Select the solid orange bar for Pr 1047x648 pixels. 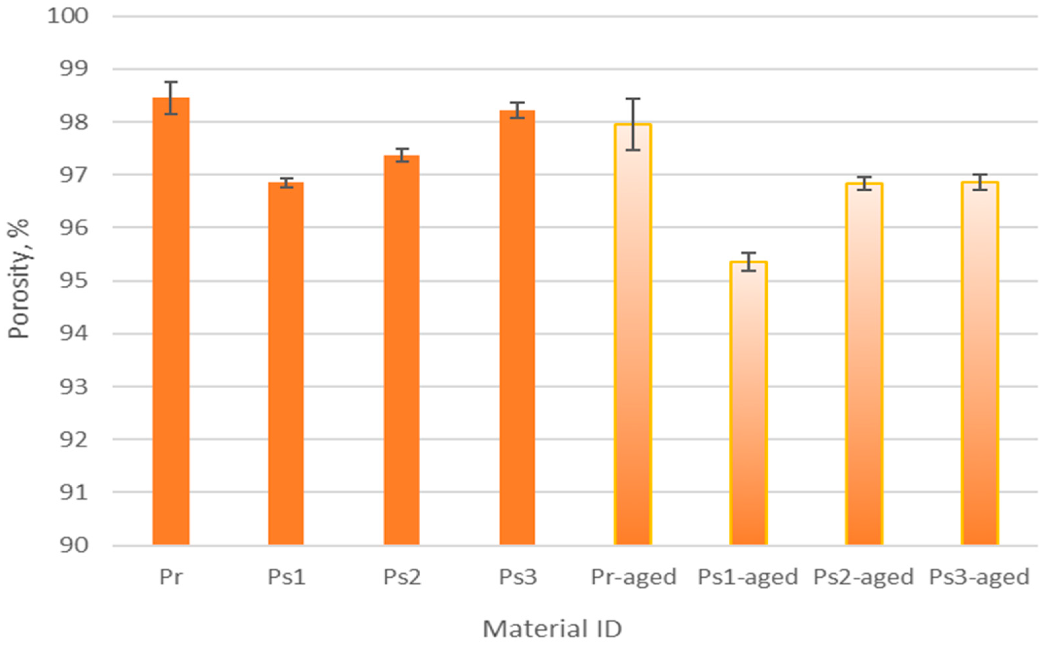point(171,321)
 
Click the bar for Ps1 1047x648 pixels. point(286,364)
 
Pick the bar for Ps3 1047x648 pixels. point(517,328)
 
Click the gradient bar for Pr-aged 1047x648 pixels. point(633,334)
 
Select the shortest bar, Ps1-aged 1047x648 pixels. point(748,403)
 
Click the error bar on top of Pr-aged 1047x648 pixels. point(633,124)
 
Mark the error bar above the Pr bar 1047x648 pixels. point(171,98)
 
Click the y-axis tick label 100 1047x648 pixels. point(68,16)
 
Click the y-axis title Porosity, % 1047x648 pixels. point(18,278)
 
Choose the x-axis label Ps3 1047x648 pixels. point(517,577)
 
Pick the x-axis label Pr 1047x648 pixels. point(171,577)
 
